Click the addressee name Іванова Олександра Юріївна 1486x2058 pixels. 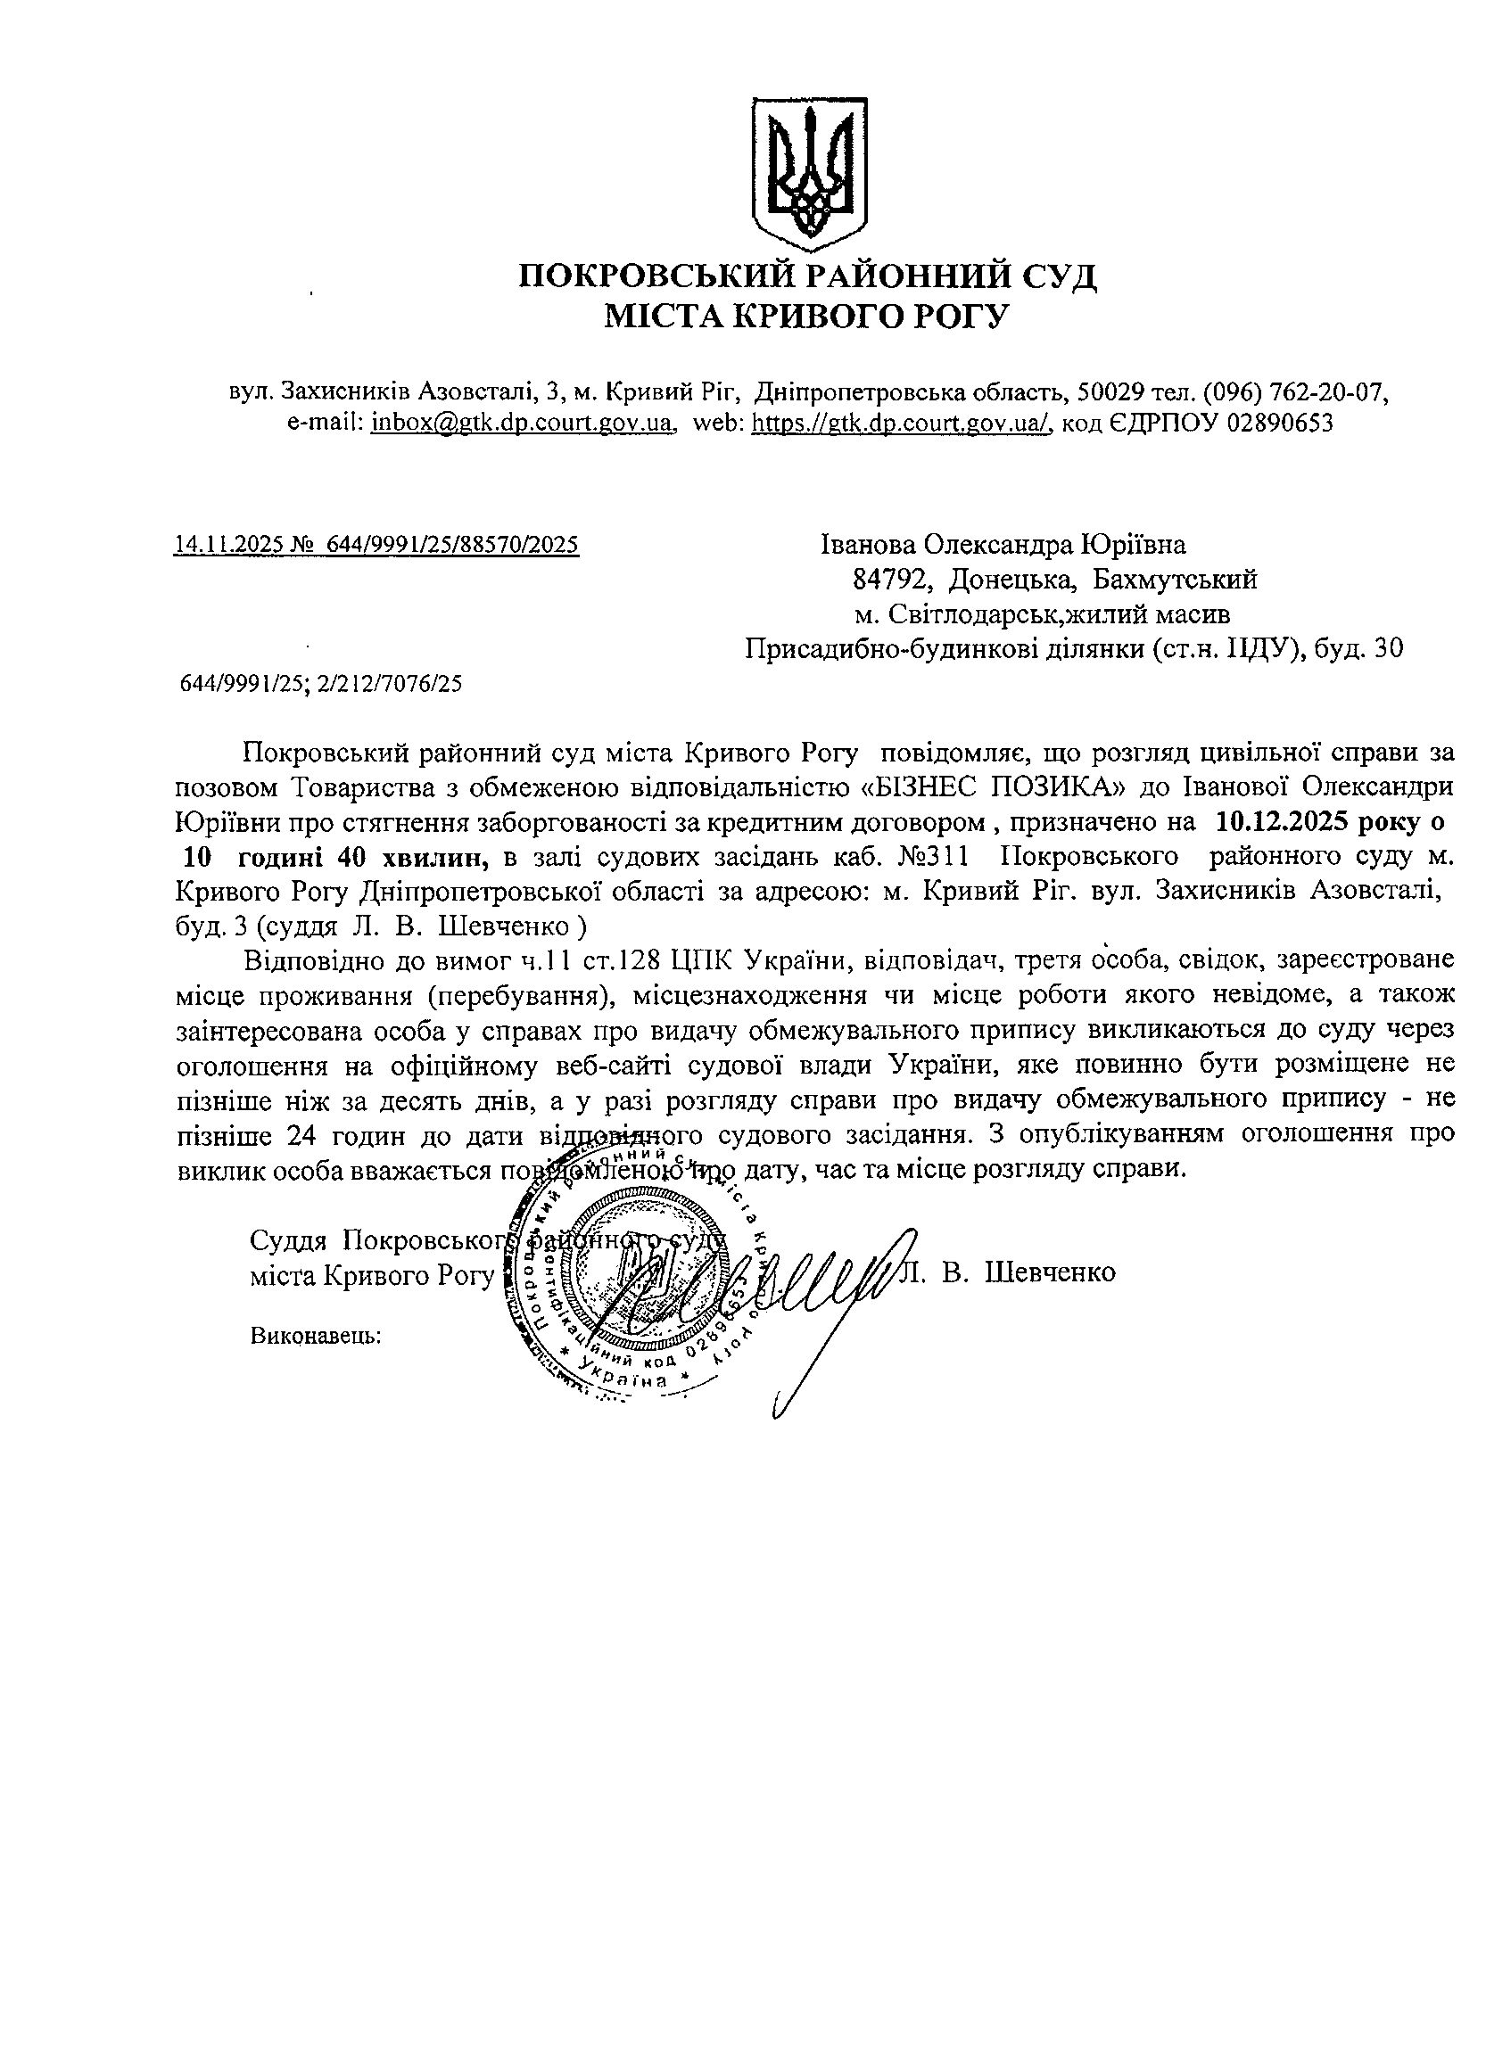(1003, 545)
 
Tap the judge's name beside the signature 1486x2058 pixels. (1010, 1272)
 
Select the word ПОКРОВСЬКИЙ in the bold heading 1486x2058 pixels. (656, 276)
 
